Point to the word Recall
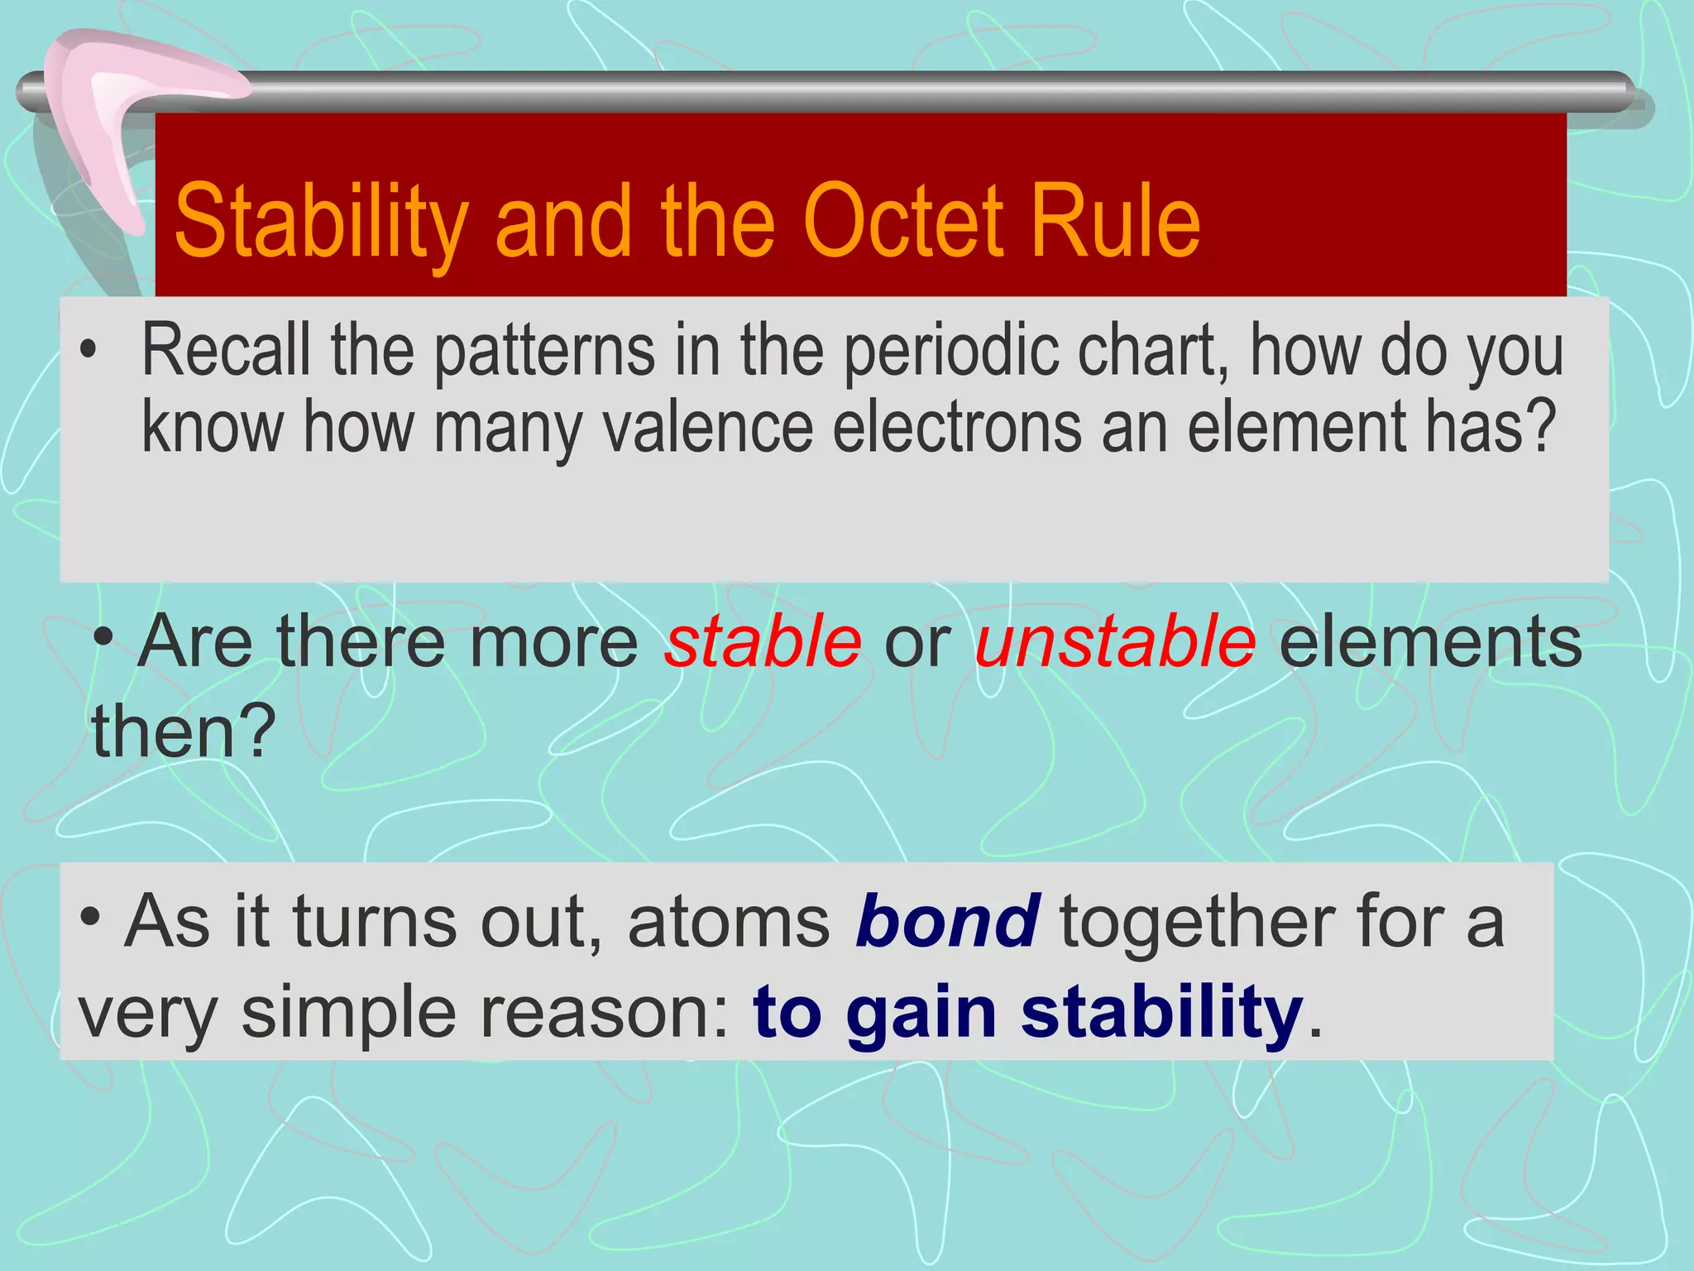[226, 351]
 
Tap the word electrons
[958, 427]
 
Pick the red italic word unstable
[1115, 642]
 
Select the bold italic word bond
[948, 922]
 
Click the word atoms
[729, 922]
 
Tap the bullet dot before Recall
[89, 352]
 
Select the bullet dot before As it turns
[90, 918]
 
